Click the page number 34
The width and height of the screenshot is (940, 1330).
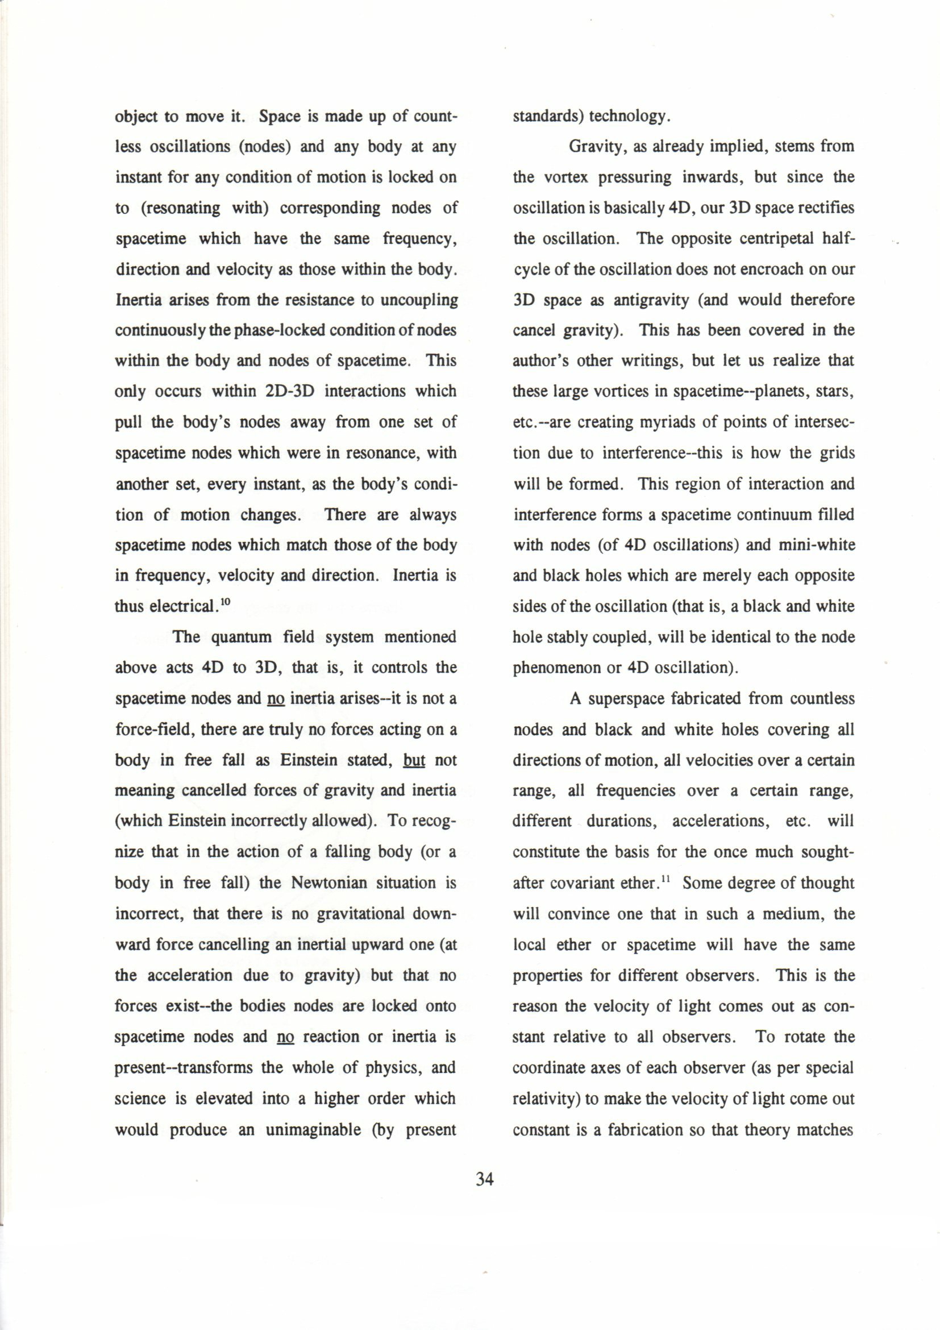coord(484,1179)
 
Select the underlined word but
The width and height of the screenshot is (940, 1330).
coord(414,760)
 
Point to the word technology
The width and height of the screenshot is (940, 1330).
coord(630,117)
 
